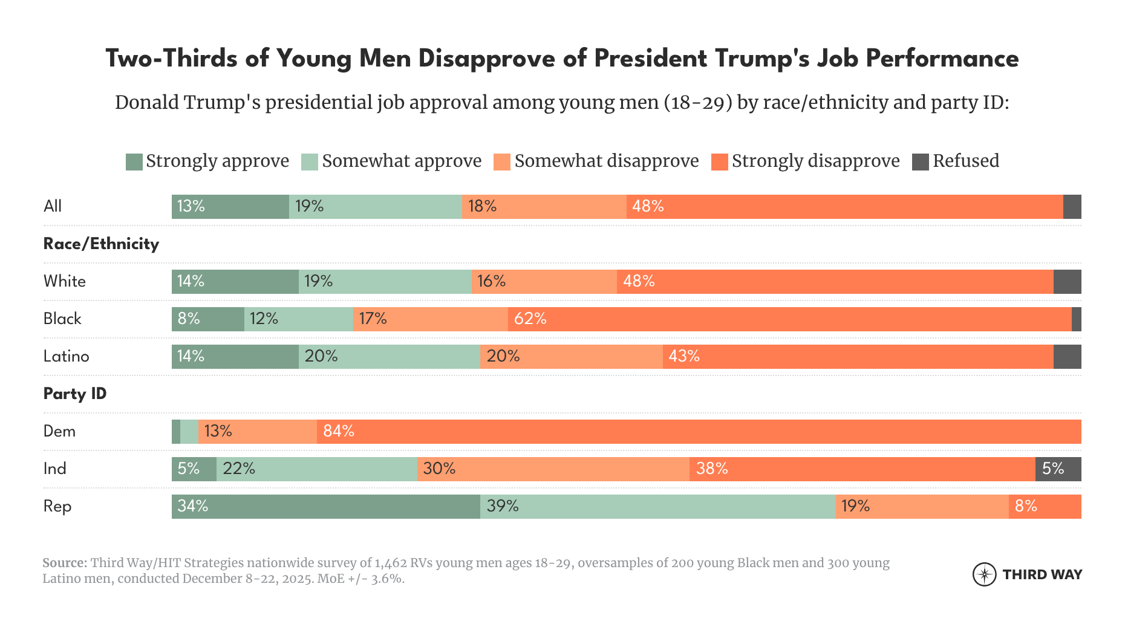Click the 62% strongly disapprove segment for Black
pos(789,319)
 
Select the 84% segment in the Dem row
pos(699,432)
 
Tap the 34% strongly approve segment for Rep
pos(325,507)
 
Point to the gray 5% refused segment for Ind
pos(1058,469)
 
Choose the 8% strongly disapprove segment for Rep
pos(1045,507)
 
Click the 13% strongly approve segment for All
pos(230,207)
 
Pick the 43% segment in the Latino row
pos(858,357)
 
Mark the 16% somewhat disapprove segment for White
pos(544,282)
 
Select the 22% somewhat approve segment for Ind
pos(316,469)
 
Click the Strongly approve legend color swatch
pos(134,162)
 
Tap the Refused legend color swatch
pos(920,162)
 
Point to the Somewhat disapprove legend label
pos(606,161)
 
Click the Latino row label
pos(66,357)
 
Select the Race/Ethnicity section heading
pos(101,244)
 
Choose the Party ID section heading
pos(75,394)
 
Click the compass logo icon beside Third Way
pos(984,574)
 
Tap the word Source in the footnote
pos(65,563)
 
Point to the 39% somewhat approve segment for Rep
pos(657,507)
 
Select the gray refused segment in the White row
pos(1067,282)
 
